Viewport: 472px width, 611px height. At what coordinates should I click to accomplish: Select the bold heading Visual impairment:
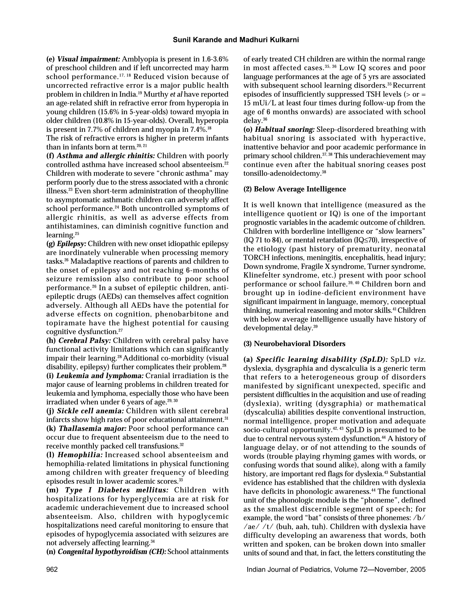[89, 59]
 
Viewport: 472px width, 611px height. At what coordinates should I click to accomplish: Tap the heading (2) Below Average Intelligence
[295, 189]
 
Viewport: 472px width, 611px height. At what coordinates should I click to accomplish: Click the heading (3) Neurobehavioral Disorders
[294, 344]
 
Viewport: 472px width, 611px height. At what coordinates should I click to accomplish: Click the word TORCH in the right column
[253, 258]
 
